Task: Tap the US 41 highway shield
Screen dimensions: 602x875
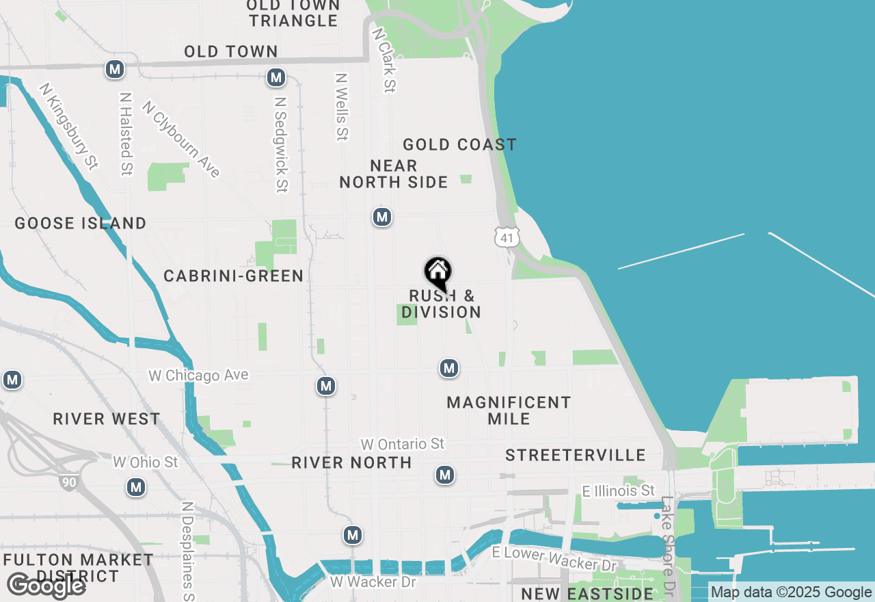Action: [507, 237]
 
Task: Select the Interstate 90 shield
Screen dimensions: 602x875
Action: [68, 482]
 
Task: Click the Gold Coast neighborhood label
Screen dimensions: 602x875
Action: [459, 144]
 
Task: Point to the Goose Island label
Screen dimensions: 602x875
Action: [81, 224]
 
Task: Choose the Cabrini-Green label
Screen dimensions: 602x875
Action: [233, 276]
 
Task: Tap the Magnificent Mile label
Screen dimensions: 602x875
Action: [509, 410]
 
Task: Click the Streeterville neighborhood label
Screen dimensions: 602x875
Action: [576, 456]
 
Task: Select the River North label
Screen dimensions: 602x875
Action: [351, 463]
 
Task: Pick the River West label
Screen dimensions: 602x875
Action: [107, 419]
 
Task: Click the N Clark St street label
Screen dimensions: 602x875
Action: [384, 60]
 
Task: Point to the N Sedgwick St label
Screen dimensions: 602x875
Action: [280, 144]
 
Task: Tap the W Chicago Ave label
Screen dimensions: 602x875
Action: [198, 376]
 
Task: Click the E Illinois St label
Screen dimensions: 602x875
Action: [618, 491]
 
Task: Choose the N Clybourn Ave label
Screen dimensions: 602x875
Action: [182, 140]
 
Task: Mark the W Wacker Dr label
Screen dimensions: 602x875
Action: [373, 582]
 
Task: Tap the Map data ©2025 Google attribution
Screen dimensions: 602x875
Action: [792, 592]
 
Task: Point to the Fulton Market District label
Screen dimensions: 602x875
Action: [78, 568]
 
